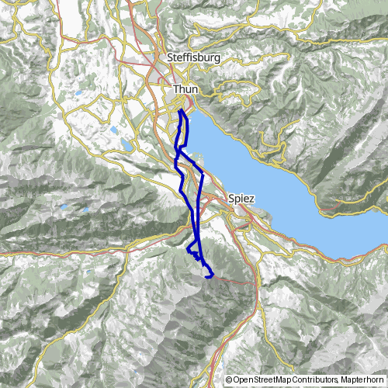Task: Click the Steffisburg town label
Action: (193, 57)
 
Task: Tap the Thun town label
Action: (186, 90)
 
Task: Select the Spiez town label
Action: (242, 199)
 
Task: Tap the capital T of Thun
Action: (176, 90)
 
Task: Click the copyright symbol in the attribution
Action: (229, 380)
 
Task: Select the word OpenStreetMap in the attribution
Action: (260, 380)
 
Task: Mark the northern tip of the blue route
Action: (181, 110)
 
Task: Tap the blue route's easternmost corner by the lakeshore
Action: (203, 174)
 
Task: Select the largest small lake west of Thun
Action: (126, 144)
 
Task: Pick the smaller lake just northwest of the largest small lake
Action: (115, 131)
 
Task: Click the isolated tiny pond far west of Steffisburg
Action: (79, 95)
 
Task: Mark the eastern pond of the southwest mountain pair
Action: (80, 210)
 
